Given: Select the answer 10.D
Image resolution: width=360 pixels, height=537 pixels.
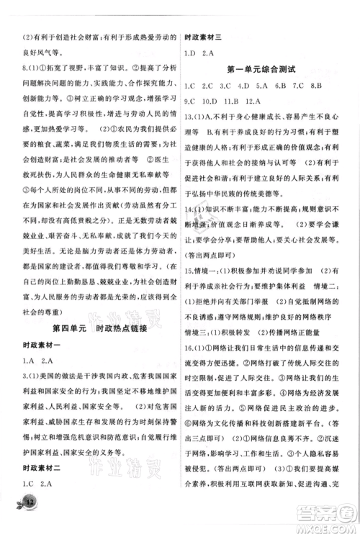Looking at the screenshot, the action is coord(216,101).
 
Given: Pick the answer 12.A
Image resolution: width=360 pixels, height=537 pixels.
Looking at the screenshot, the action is coord(264,101).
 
